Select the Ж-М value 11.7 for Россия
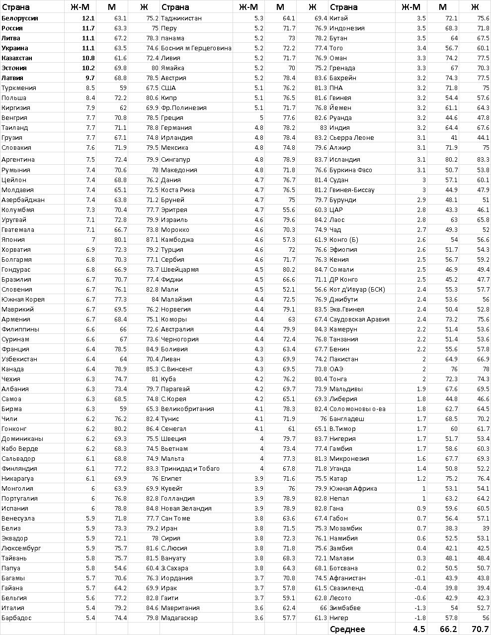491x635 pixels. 88,28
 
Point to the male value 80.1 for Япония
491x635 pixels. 120,239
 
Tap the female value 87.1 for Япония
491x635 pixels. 152,239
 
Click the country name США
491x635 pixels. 168,88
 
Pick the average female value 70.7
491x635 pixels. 480,630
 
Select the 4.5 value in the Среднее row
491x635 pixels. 418,630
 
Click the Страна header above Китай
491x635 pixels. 343,7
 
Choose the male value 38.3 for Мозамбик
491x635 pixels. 451,528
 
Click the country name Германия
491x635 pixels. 176,128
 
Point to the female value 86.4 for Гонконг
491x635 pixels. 152,428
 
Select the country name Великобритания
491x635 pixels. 187,409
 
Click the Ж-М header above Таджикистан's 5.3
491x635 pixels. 248,7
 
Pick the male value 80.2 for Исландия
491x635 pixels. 451,160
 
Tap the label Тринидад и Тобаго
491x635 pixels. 190,468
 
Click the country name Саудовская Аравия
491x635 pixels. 359,319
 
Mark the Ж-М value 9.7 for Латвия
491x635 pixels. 89,78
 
